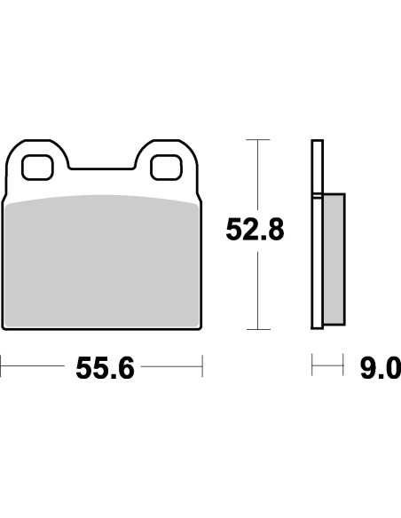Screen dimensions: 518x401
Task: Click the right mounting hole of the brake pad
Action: [x=167, y=166]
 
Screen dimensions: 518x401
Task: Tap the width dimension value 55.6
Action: [x=105, y=367]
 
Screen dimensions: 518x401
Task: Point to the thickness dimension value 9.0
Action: [x=381, y=367]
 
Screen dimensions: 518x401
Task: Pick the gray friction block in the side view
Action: [x=332, y=260]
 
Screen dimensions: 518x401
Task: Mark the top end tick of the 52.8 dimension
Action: [x=256, y=140]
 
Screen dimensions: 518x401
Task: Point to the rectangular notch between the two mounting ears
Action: [x=103, y=160]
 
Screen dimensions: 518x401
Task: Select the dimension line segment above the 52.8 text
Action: [x=256, y=177]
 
